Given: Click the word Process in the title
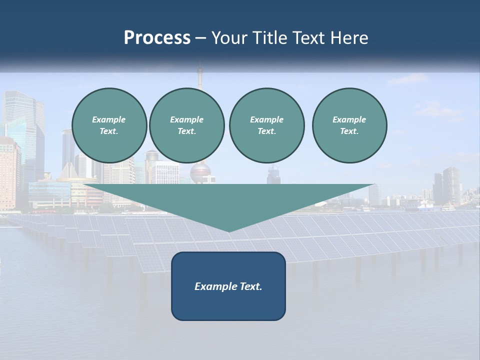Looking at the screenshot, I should pyautogui.click(x=157, y=38).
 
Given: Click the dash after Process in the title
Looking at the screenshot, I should pyautogui.click(x=200, y=38).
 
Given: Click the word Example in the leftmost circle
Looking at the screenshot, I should pyautogui.click(x=109, y=119).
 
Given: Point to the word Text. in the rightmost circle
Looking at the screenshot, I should pyautogui.click(x=349, y=131).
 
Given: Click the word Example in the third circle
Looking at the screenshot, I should pyautogui.click(x=266, y=119).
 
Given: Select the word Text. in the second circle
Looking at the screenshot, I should pyautogui.click(x=186, y=131).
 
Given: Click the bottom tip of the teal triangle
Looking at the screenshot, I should pyautogui.click(x=229, y=230).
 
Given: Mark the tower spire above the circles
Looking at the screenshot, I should pyautogui.click(x=199, y=75).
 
